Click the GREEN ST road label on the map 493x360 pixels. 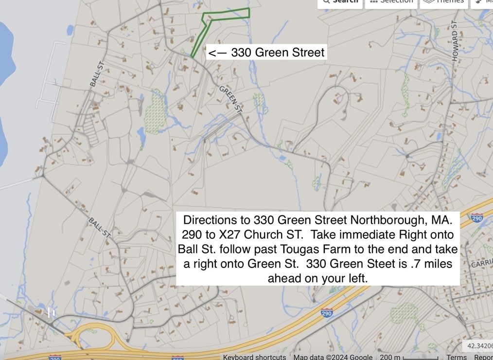pyautogui.click(x=231, y=99)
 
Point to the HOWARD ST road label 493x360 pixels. pyautogui.click(x=455, y=41)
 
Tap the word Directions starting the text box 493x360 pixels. pyautogui.click(x=210, y=220)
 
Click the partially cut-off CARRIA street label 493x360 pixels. pyautogui.click(x=482, y=264)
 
